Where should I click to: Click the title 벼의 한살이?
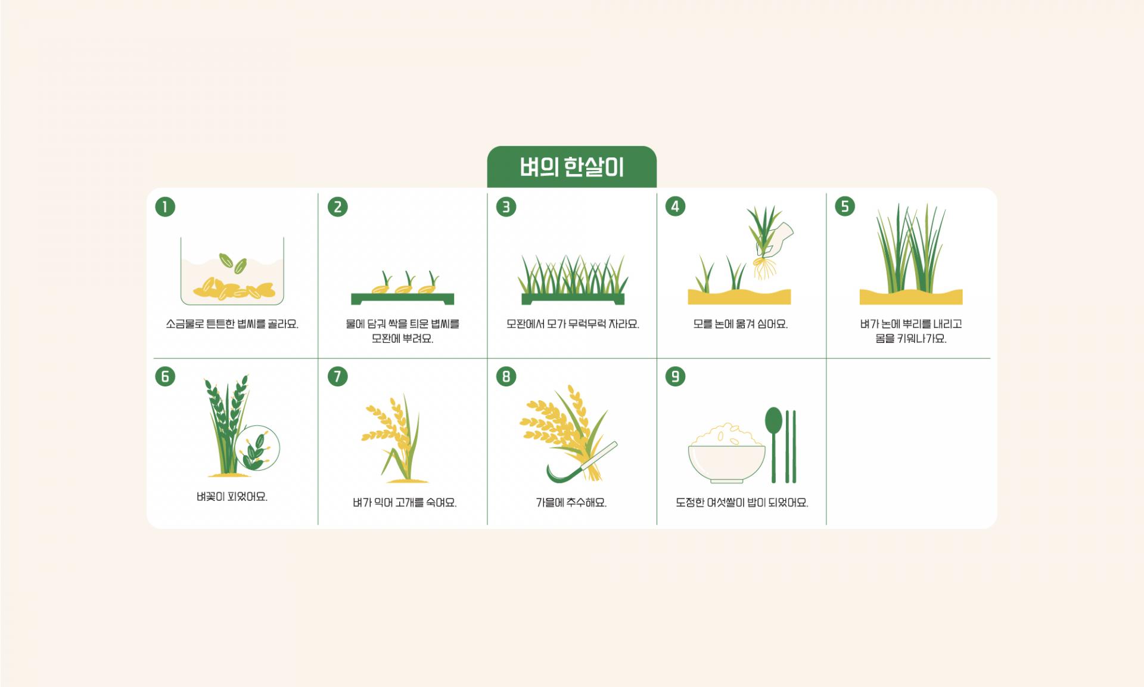[x=572, y=168]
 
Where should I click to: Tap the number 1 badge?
[x=165, y=207]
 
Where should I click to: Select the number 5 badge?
[x=844, y=207]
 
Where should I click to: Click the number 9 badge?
[x=675, y=376]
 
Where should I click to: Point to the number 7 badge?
[x=337, y=376]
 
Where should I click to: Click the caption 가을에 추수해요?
[x=571, y=503]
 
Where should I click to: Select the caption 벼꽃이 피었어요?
[x=232, y=496]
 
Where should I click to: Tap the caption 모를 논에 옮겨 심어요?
[x=741, y=324]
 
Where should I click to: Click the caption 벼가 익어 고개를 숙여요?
[x=405, y=503]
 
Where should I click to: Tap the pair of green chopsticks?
[x=791, y=446]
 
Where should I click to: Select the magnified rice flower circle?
[x=257, y=448]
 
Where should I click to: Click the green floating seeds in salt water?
[x=232, y=262]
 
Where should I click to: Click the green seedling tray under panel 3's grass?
[x=573, y=299]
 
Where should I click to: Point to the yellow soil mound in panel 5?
[x=911, y=296]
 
